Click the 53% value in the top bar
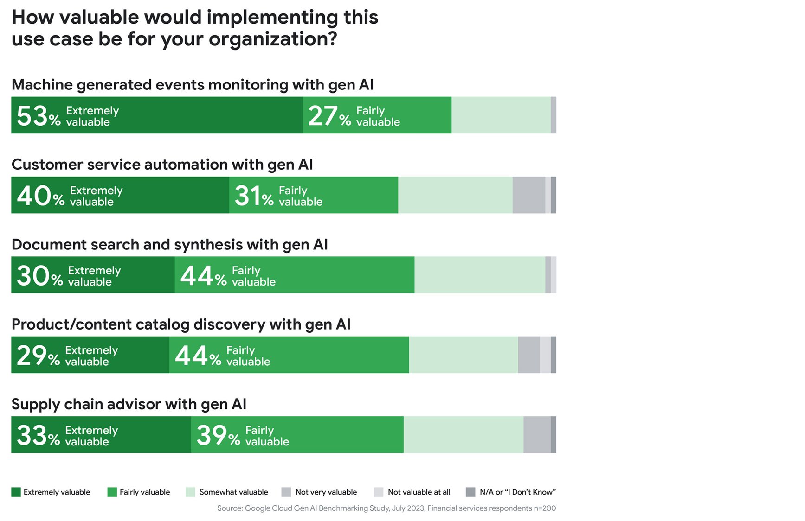tap(39, 116)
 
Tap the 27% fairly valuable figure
tap(329, 116)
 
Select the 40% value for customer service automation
tap(40, 196)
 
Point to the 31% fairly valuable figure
tap(254, 196)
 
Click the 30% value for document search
tap(39, 276)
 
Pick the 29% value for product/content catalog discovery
tap(38, 356)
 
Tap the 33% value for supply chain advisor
tap(38, 436)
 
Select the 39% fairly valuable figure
tap(218, 436)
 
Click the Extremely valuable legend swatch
tap(16, 492)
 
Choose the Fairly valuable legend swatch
tap(112, 492)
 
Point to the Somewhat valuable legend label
tap(234, 492)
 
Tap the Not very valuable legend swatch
tap(286, 492)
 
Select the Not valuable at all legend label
tap(419, 492)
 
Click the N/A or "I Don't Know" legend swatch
tap(470, 492)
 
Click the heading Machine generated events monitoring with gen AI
tap(193, 85)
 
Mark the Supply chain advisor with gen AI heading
tap(129, 405)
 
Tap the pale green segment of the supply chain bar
tap(464, 435)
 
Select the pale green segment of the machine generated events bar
tap(501, 115)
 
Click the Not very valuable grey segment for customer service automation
tap(529, 195)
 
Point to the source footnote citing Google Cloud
tap(386, 508)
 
